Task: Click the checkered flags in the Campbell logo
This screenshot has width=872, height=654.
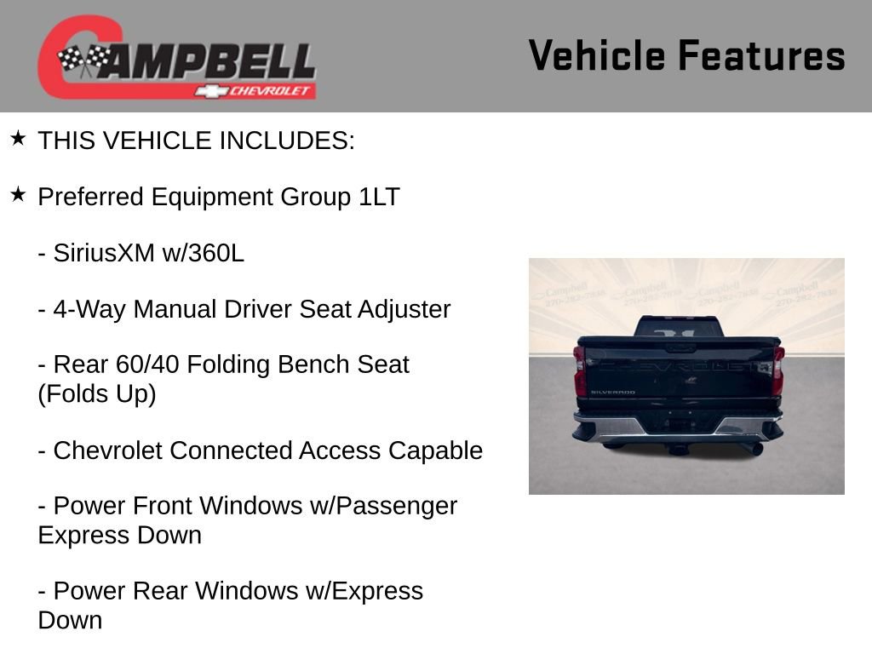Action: [x=83, y=59]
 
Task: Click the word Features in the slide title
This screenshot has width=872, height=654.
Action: [x=761, y=55]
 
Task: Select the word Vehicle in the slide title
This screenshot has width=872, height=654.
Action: [x=596, y=55]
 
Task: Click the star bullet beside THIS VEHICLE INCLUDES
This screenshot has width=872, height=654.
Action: [x=18, y=138]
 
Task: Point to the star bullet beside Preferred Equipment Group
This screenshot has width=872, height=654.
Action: [x=18, y=194]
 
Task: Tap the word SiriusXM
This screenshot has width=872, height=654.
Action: [x=104, y=253]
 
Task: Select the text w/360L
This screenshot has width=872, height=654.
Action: [x=203, y=253]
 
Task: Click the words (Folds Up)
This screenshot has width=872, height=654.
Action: [x=97, y=394]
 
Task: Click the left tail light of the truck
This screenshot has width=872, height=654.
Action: [x=580, y=370]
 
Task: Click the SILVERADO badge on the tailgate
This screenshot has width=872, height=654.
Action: [x=612, y=393]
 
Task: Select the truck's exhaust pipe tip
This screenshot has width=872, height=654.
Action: [x=754, y=449]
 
